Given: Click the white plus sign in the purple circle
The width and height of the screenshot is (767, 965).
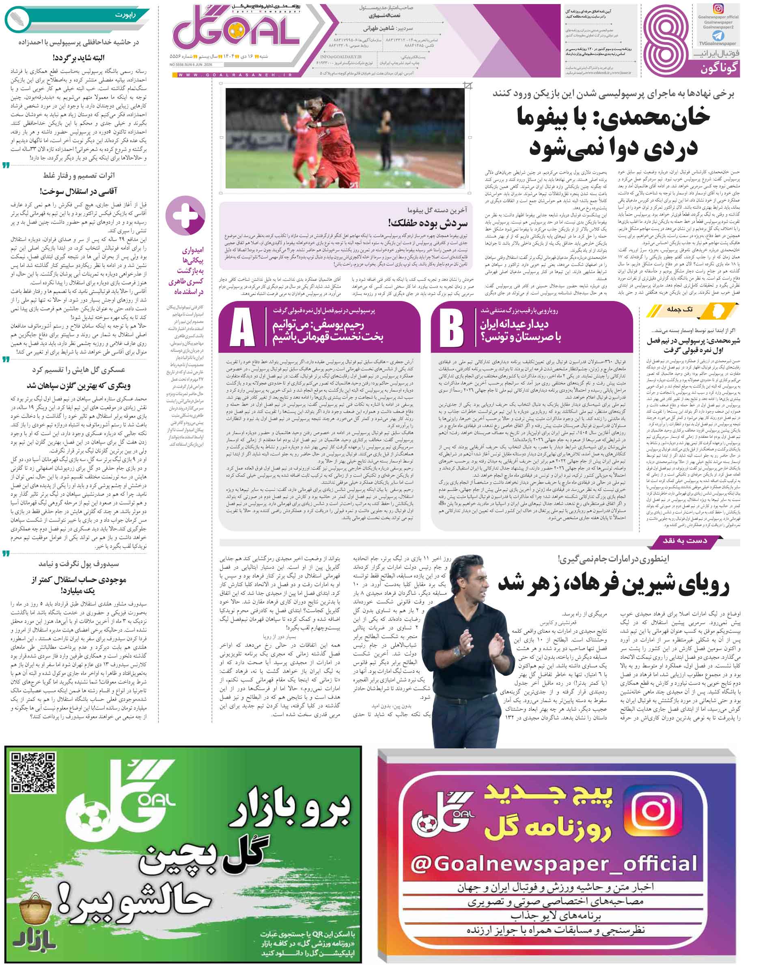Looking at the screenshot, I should coord(185,215).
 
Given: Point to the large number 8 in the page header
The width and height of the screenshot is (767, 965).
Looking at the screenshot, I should coord(666,40).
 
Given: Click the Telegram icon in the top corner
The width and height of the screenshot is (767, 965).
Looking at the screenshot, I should coord(718,35).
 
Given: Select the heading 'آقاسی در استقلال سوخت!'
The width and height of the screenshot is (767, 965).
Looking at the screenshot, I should coord(78,191).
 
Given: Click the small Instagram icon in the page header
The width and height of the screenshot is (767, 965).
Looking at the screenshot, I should coord(718,9).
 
